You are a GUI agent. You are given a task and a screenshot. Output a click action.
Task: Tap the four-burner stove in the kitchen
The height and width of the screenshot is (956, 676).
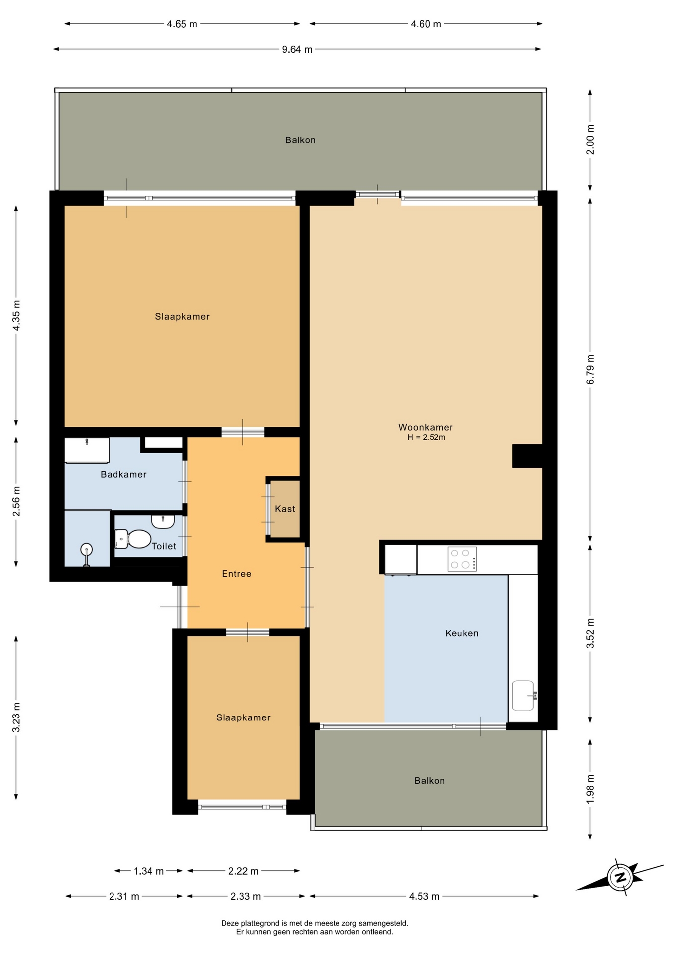(462, 559)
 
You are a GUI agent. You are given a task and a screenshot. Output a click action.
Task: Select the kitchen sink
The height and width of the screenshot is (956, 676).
(523, 695)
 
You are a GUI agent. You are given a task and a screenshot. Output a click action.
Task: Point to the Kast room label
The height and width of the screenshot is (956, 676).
(285, 509)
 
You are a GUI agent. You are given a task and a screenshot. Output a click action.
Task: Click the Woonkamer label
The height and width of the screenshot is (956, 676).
(426, 427)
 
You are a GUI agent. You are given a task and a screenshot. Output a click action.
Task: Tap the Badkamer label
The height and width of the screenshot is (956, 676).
(123, 474)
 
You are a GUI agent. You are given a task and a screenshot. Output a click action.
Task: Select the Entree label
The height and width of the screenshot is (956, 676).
(236, 574)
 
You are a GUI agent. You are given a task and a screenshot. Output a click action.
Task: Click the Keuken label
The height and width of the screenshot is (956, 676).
(462, 633)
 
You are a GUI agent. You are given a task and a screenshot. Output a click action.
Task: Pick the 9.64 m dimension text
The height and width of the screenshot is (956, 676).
(297, 49)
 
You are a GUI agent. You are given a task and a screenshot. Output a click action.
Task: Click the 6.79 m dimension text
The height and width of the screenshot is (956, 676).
(590, 369)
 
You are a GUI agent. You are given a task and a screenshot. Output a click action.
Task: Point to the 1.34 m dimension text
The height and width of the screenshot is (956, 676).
(149, 871)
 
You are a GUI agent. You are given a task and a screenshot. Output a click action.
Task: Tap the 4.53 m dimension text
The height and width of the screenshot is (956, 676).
(424, 896)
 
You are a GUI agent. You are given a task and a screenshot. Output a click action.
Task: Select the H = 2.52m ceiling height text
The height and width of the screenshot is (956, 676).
(426, 437)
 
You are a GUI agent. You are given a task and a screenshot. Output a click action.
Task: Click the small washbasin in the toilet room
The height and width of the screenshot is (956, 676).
(163, 521)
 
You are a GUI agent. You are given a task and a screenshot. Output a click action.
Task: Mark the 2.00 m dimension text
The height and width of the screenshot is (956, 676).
(590, 139)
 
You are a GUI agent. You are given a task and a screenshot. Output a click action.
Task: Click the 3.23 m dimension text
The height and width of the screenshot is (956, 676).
(16, 717)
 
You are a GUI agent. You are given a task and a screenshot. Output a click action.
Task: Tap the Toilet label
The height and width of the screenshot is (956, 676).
(164, 546)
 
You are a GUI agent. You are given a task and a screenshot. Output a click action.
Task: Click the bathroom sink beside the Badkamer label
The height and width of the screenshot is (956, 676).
(87, 450)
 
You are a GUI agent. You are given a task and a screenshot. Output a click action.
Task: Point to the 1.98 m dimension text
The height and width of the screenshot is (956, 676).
(590, 788)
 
